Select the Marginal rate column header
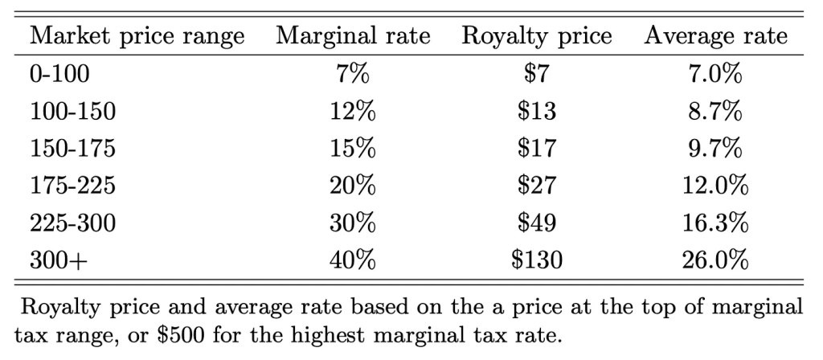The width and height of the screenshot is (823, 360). (354, 38)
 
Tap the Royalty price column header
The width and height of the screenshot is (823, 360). (537, 38)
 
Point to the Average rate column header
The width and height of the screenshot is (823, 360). (714, 38)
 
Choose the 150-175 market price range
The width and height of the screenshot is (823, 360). (72, 150)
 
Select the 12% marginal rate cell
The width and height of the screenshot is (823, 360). (354, 112)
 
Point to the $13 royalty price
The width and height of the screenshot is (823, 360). (538, 112)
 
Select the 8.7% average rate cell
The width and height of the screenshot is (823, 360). (714, 112)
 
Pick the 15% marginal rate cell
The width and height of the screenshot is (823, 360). (354, 150)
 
